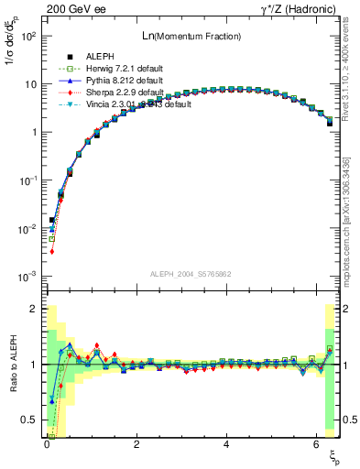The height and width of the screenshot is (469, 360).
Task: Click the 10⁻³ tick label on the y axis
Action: pyautogui.click(x=29, y=276)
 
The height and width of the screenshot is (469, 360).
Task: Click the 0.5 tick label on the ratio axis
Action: pyautogui.click(x=29, y=420)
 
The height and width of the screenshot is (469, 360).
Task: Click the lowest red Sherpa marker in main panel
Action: pyautogui.click(x=52, y=251)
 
